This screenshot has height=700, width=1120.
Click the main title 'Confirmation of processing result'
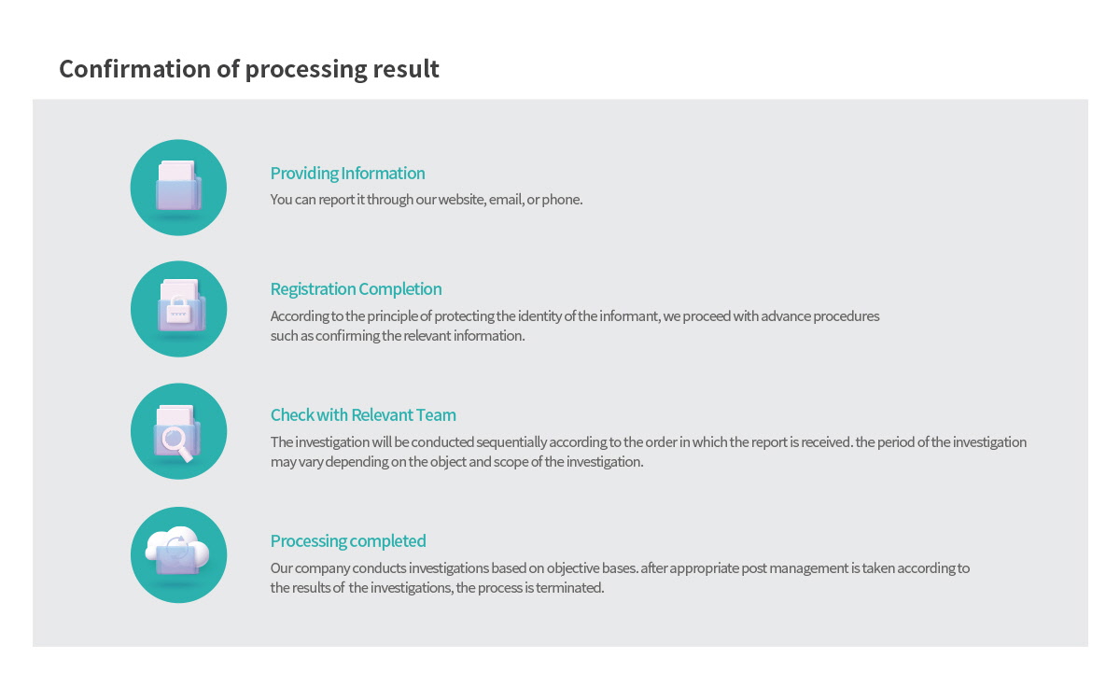click(x=249, y=69)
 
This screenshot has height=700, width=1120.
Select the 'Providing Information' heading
click(x=347, y=173)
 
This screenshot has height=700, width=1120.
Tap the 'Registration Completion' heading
click(x=356, y=289)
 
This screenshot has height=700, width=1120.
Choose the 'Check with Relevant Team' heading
click(x=363, y=415)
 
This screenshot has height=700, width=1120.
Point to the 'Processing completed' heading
click(x=348, y=541)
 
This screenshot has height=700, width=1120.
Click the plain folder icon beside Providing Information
click(x=178, y=186)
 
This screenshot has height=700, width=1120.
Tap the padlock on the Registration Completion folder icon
click(x=178, y=310)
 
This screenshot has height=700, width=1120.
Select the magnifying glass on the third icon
click(x=176, y=443)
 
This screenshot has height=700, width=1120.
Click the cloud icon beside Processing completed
click(x=177, y=551)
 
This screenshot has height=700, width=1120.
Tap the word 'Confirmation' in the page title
click(x=135, y=69)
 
